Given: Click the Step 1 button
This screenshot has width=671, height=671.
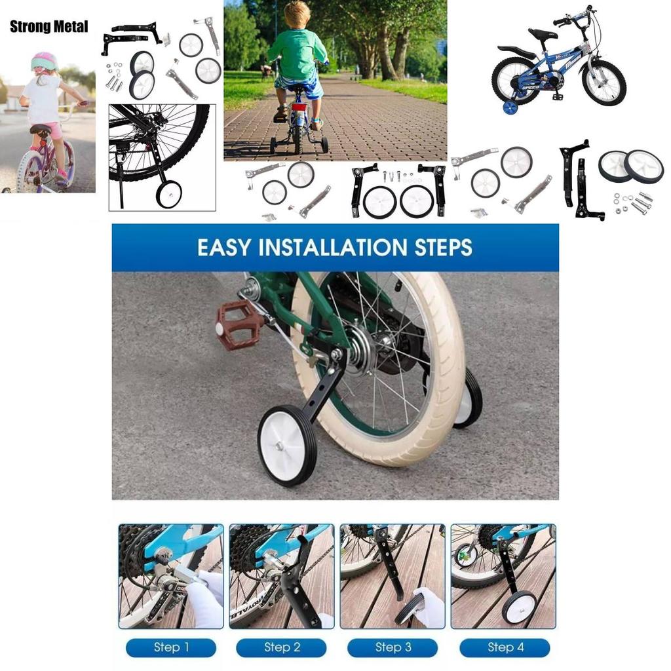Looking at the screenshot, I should coord(171,647).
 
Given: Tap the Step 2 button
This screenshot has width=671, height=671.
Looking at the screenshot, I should coord(282,647).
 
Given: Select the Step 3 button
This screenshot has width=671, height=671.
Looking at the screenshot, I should coord(393,647).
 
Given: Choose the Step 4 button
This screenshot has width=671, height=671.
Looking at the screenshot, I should coord(505,647).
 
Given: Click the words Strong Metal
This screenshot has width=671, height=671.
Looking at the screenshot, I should coord(48,27).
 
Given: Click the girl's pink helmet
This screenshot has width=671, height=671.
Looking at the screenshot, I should coord(44,61).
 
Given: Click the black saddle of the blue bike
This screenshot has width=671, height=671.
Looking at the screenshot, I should coord(543,34).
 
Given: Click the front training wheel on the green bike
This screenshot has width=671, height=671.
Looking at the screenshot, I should coord(287,445).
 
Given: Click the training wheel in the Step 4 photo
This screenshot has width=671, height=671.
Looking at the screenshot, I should coord(519,607).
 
